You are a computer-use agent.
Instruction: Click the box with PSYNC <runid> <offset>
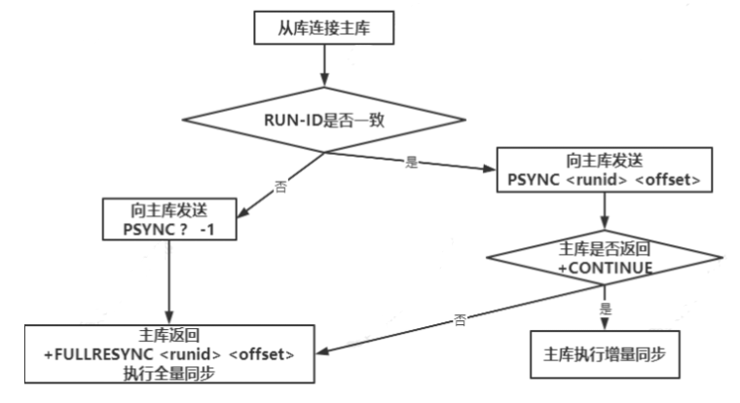pyautogui.click(x=604, y=170)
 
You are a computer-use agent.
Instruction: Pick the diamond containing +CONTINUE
pyautogui.click(x=604, y=260)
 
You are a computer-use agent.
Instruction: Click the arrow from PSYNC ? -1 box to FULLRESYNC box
pyautogui.click(x=170, y=282)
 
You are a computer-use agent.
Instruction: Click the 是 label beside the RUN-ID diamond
pyautogui.click(x=410, y=162)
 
